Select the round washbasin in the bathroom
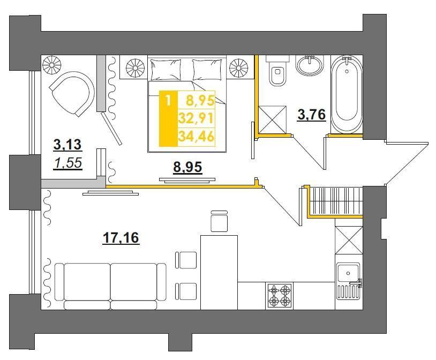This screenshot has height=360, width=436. tap(310, 65)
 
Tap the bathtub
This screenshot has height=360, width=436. tap(347, 94)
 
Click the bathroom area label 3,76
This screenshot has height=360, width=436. tap(311, 115)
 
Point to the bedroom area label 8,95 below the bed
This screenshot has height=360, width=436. tap(187, 167)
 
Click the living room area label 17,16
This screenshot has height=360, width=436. tap(121, 238)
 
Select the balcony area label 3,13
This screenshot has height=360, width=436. tap(67, 145)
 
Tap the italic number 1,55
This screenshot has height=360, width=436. tap(69, 163)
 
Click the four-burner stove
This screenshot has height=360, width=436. tap(279, 296)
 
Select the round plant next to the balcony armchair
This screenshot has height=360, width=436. tap(51, 65)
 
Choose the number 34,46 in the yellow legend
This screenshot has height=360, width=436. tap(197, 137)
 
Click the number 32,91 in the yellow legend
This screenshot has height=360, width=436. tap(197, 118)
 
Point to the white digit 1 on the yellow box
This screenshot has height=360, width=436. tap(168, 100)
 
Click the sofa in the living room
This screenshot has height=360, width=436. tap(110, 287)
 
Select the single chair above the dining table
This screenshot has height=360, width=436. tap(220, 221)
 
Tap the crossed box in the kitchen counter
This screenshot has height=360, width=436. tap(349, 240)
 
